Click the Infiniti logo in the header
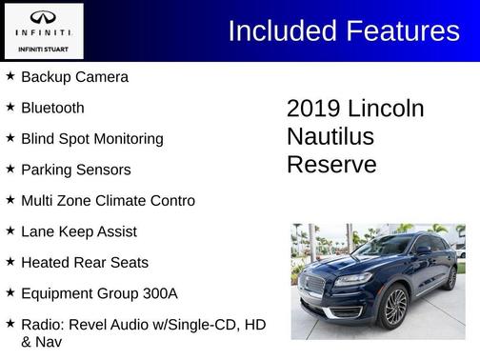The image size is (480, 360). [x=44, y=20]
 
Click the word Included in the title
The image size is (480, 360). [x=281, y=31]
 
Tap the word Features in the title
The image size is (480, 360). [x=400, y=31]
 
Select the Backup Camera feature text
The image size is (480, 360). [x=74, y=77]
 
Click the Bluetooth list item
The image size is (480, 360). [x=52, y=108]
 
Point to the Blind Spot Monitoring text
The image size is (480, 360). [x=92, y=139]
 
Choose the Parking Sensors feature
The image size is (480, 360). [x=76, y=170]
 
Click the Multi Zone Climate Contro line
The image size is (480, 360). [x=108, y=201]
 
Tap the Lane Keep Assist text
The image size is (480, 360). [x=79, y=231]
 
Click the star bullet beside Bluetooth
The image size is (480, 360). [x=10, y=107]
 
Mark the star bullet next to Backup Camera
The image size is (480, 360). [x=10, y=76]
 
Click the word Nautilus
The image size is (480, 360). [x=330, y=136]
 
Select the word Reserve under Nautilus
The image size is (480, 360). [x=331, y=164]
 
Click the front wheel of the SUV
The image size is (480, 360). [x=394, y=307]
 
